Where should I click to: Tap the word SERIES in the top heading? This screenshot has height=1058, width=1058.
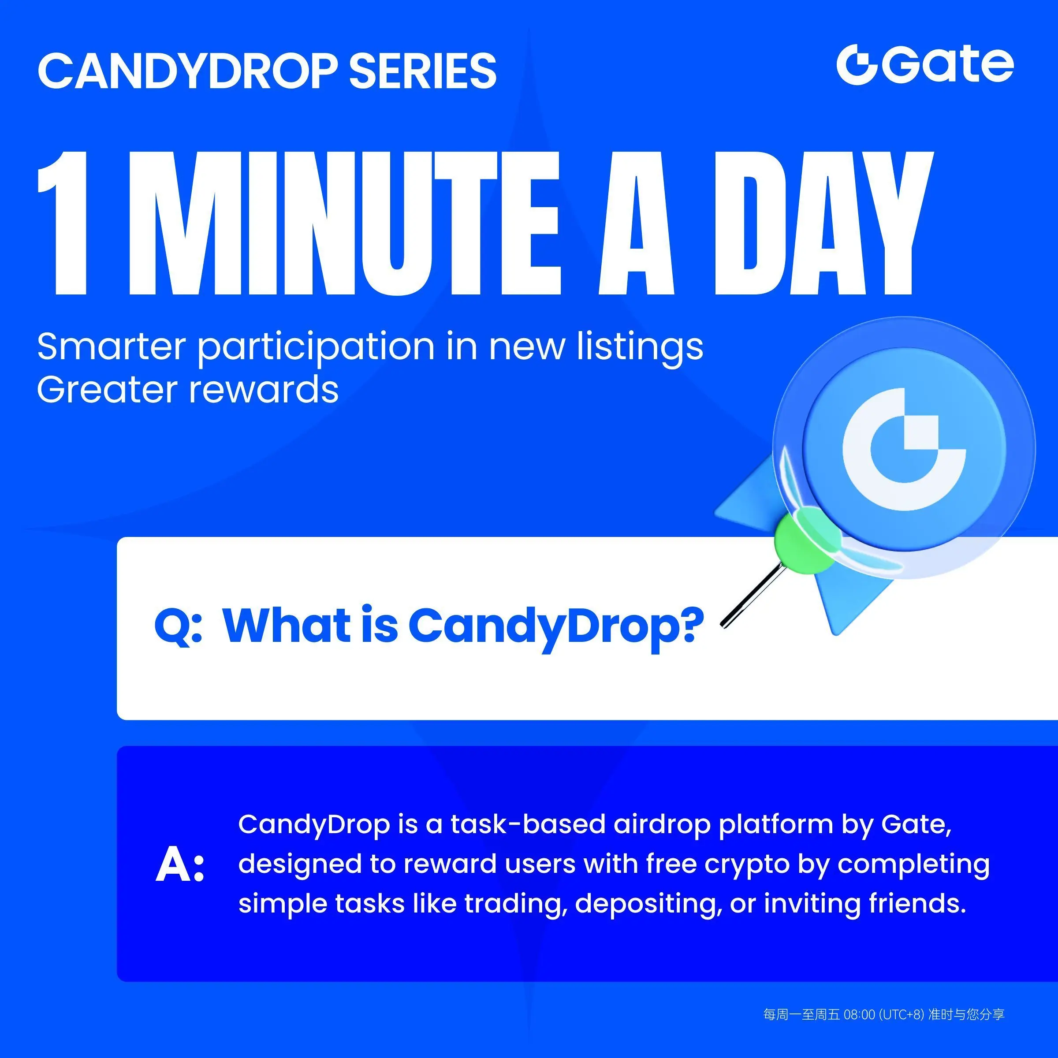(x=423, y=71)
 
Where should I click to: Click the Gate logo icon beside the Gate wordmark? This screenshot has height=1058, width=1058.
(x=858, y=65)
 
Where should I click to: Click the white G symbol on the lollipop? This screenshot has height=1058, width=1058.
(x=904, y=449)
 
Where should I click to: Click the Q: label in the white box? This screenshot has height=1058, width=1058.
(x=179, y=626)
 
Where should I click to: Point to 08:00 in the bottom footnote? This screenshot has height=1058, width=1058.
(x=859, y=1015)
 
